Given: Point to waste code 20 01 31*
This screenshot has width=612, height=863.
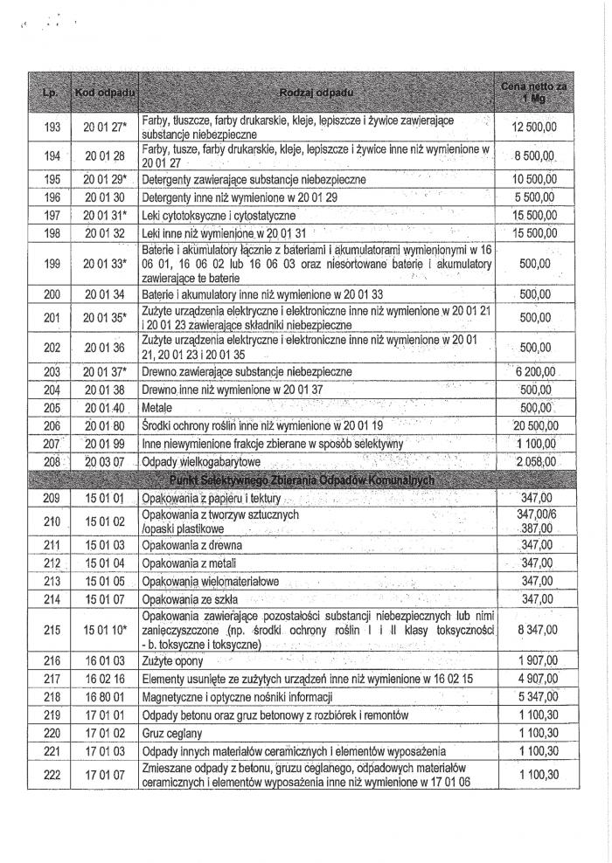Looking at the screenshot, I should (x=106, y=215).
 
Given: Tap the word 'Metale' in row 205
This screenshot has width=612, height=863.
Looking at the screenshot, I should (x=158, y=408).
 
